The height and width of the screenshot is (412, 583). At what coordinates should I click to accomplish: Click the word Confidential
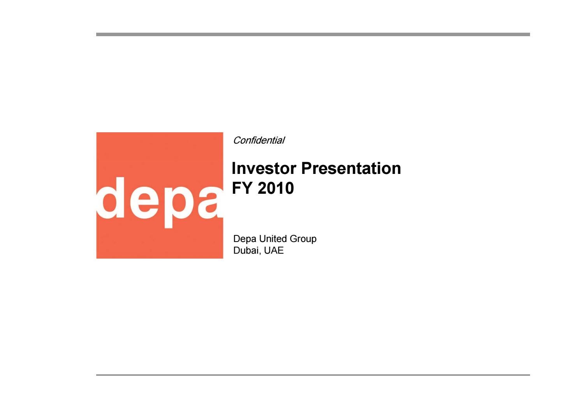[x=259, y=140]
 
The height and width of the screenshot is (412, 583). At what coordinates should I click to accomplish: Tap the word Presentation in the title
[x=351, y=168]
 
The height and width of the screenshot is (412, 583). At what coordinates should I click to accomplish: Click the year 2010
[x=276, y=188]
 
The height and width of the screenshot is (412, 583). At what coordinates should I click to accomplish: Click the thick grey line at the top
[x=313, y=34]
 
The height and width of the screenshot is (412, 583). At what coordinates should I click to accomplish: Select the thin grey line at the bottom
[x=313, y=375]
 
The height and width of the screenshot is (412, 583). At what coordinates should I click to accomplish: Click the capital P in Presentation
[x=306, y=168]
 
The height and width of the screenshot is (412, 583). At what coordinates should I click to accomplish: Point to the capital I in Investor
[x=234, y=168]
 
